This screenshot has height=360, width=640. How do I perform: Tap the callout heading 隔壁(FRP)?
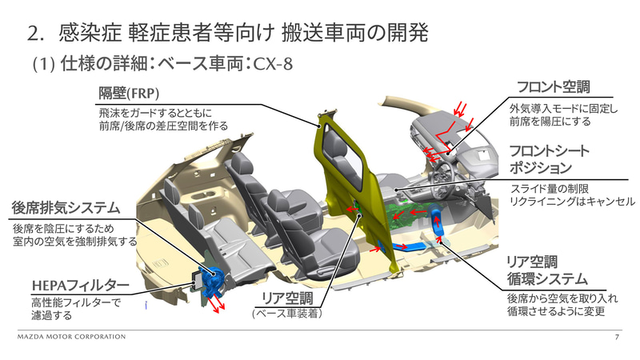tap(129, 93)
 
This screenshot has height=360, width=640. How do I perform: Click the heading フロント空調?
tap(553, 87)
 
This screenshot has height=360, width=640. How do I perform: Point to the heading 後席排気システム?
tap(66, 208)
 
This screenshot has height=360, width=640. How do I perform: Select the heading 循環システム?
tap(548, 279)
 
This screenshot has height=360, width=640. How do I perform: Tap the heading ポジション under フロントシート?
tap(542, 167)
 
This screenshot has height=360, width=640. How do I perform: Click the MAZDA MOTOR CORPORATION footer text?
tap(71, 337)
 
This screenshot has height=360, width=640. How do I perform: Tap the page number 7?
tap(617, 338)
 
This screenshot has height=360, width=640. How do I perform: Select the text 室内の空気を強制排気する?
tap(74, 242)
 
